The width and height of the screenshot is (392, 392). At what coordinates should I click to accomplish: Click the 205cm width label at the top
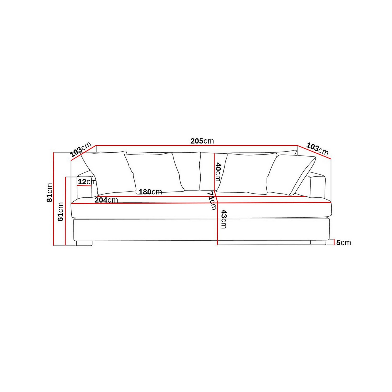pyautogui.click(x=202, y=141)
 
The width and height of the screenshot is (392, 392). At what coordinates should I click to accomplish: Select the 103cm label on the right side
pyautogui.click(x=317, y=149)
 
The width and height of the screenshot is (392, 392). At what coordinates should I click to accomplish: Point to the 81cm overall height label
pyautogui.click(x=49, y=192)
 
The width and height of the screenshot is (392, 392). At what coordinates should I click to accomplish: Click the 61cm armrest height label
pyautogui.click(x=60, y=212)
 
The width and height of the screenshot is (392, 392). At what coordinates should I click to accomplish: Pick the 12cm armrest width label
pyautogui.click(x=87, y=181)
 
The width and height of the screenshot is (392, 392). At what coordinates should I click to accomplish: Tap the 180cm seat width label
pyautogui.click(x=150, y=192)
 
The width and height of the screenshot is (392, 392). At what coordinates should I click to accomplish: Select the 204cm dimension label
pyautogui.click(x=106, y=200)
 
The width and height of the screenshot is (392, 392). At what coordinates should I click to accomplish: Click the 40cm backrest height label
pyautogui.click(x=218, y=172)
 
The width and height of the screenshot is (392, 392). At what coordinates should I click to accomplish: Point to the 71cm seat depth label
pyautogui.click(x=212, y=200)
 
